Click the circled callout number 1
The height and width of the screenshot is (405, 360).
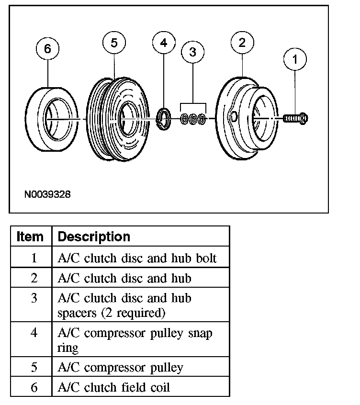[295, 60]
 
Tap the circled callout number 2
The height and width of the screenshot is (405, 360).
[242, 43]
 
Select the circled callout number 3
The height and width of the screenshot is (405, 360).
[192, 52]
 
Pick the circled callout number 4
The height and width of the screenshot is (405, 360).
[164, 43]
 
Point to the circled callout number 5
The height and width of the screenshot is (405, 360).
[114, 43]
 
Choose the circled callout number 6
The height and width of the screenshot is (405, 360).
[47, 48]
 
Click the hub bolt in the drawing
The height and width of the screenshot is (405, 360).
[296, 117]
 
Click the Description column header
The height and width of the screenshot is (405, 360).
[94, 237]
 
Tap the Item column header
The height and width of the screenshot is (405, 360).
[30, 237]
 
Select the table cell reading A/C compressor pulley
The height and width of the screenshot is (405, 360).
[120, 368]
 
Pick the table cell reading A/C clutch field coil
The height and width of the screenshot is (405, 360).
[113, 387]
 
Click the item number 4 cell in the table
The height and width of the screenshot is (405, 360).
[34, 333]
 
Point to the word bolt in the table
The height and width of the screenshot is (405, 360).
[206, 259]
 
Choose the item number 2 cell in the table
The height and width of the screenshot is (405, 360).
[34, 278]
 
